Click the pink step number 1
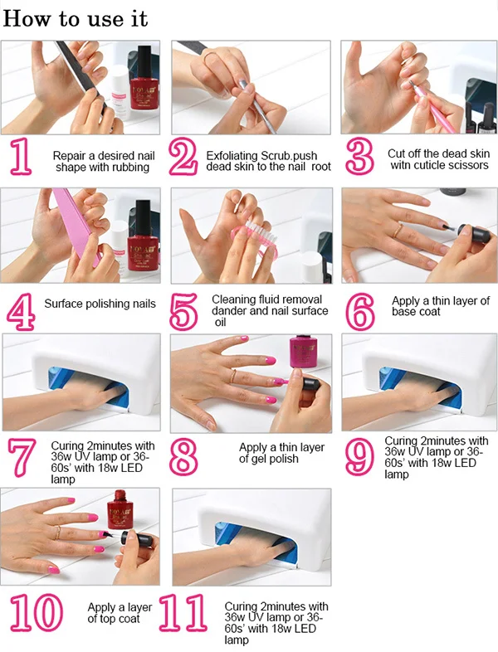coord(21,156)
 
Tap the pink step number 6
coord(360,311)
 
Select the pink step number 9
coord(360,456)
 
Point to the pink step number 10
coord(37,612)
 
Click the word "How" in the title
coord(27,19)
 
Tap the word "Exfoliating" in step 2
coord(232,156)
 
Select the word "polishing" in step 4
coord(99,304)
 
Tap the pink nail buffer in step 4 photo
coord(76,226)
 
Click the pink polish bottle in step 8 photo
coord(303,352)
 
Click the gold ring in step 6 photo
coord(398,230)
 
